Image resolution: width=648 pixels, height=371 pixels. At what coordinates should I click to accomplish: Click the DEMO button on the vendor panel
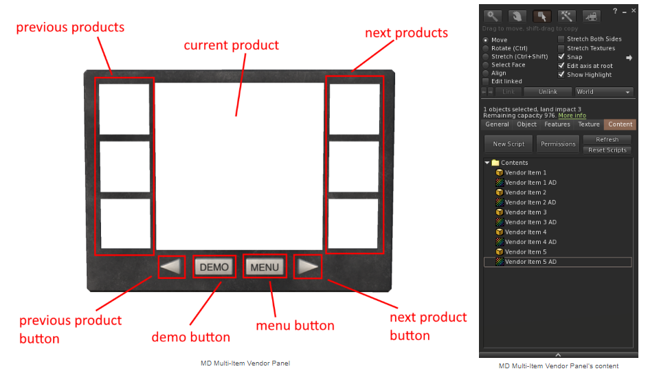(x=214, y=267)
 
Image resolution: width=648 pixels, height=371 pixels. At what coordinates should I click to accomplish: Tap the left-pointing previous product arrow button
(x=172, y=267)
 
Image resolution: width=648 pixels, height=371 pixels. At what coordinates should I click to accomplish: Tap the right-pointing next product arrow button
(x=309, y=267)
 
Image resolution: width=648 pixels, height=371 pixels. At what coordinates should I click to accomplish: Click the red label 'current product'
(x=231, y=45)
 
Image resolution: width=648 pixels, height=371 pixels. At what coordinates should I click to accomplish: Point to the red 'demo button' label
(x=190, y=337)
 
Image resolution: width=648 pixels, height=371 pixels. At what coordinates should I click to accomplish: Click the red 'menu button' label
(x=295, y=326)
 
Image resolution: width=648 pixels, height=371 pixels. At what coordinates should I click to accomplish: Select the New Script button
(x=509, y=144)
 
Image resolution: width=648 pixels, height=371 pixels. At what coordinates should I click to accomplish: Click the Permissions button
(x=558, y=144)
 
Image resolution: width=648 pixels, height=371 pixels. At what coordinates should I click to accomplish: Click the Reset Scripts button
(x=607, y=150)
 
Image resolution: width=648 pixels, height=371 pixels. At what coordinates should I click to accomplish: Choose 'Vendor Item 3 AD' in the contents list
(x=530, y=222)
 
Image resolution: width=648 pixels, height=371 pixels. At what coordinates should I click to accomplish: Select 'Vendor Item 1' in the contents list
(x=526, y=172)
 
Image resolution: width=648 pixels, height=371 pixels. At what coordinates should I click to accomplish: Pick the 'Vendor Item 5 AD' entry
(x=530, y=262)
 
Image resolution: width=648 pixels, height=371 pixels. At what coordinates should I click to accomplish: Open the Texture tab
(x=589, y=124)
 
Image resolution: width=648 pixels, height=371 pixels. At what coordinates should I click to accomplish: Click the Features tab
(x=557, y=124)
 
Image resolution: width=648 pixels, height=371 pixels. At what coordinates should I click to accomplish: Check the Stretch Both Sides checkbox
(x=561, y=39)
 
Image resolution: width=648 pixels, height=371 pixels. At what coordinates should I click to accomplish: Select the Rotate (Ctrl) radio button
(x=487, y=48)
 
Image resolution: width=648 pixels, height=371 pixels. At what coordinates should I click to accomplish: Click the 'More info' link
(x=572, y=115)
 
